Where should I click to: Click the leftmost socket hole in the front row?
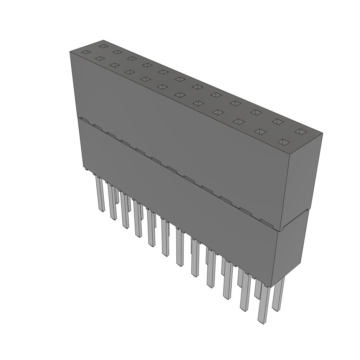pos(86,52)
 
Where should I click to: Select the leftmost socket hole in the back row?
pos(103,46)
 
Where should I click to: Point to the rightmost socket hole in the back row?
pos(301,131)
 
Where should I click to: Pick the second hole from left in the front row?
pos(100,58)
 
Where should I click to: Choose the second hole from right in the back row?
pos(278,122)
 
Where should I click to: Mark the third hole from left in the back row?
pos(132,58)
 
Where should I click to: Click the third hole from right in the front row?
pos(239,122)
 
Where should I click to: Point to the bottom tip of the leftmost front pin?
pos(102,211)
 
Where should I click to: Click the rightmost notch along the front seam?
pos(266,222)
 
